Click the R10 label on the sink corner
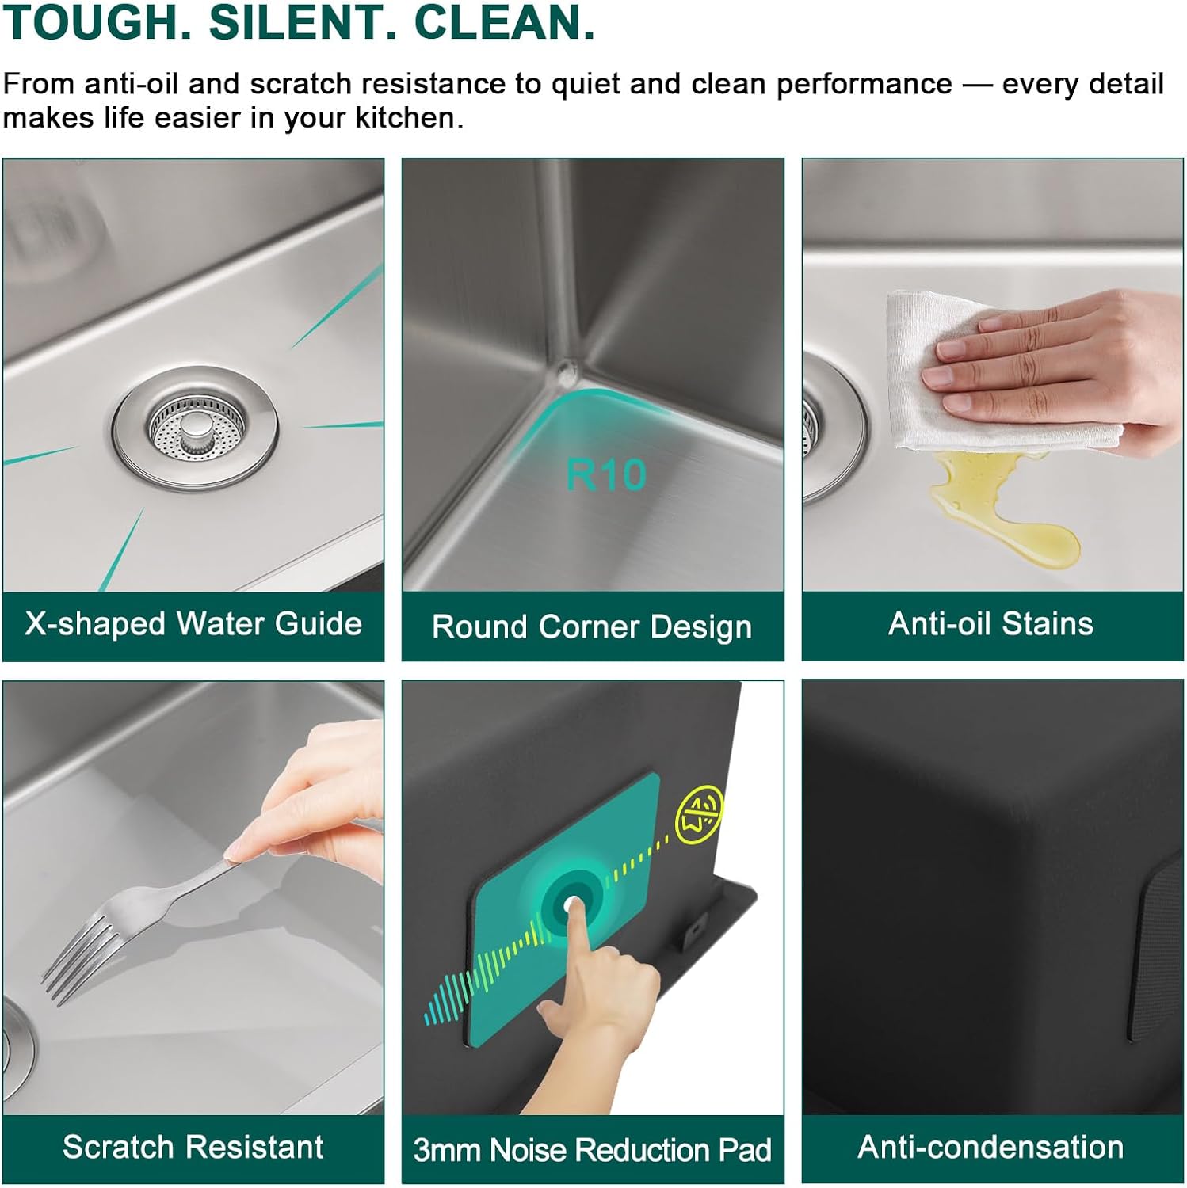(606, 474)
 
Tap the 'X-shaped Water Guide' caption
(193, 624)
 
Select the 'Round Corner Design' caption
(592, 627)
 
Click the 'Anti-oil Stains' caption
(990, 624)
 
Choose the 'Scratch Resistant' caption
(193, 1147)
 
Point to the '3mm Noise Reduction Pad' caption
(592, 1150)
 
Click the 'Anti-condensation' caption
(990, 1147)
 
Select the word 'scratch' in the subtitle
(306, 84)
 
